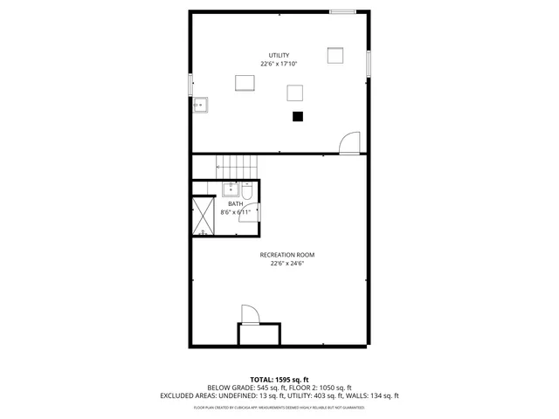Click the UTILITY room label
(x=279, y=55)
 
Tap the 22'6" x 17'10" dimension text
(x=279, y=64)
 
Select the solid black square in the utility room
(x=297, y=115)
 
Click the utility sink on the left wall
(x=201, y=105)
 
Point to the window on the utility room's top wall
(x=342, y=11)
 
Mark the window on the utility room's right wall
(x=369, y=63)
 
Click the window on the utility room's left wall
(x=190, y=85)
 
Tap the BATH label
(x=236, y=203)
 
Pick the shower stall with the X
(x=204, y=216)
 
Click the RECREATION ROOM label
(x=286, y=255)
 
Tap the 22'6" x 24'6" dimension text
(x=286, y=264)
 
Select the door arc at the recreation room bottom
(x=248, y=314)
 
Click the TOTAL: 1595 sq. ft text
(x=279, y=380)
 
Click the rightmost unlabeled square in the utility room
(x=336, y=55)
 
